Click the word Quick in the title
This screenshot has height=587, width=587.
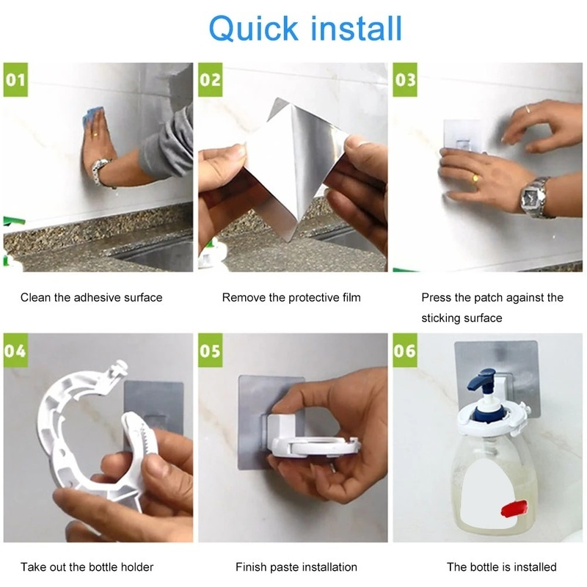coord(254,29)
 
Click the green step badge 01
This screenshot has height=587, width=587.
coord(15,80)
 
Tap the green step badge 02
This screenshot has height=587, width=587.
coord(211,80)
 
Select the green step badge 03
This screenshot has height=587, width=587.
coord(405,80)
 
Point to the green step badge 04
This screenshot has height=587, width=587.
coord(15,351)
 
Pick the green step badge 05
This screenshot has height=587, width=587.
coord(211,351)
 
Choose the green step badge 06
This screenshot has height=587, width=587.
coord(405,351)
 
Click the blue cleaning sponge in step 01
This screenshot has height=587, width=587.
coord(92,115)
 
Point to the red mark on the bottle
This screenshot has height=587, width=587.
coord(514,508)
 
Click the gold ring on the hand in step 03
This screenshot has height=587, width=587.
coord(475,178)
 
